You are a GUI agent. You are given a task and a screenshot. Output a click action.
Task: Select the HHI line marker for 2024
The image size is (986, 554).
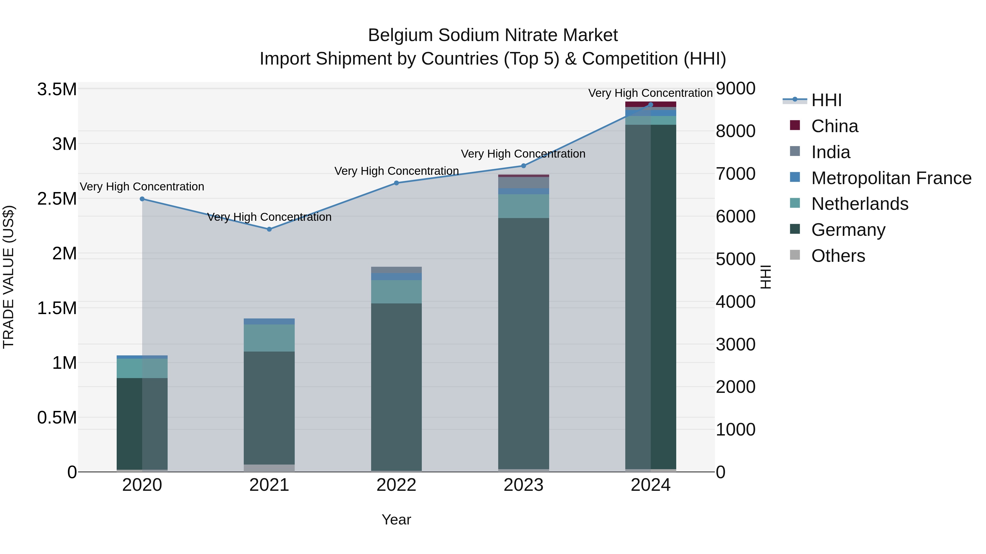pos(650,105)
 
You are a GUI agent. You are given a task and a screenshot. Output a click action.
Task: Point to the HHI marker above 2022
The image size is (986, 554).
pos(396,183)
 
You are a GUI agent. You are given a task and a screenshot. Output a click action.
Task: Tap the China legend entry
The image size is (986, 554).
pos(835,126)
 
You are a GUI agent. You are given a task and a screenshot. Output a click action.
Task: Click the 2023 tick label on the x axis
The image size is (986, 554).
pos(523,485)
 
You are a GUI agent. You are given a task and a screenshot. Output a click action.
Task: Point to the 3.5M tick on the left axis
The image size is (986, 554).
pos(57,89)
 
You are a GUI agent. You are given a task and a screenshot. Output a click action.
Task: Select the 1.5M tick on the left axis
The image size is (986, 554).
pos(57,308)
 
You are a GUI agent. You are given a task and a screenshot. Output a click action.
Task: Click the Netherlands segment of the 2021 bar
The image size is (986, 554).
pos(269,338)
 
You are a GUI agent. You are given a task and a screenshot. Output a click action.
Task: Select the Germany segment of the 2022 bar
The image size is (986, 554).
pos(396,386)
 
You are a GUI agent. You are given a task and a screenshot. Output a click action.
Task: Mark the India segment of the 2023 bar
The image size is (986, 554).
pos(523,183)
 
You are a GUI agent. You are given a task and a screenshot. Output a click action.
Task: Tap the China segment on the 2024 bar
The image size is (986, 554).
pos(650,104)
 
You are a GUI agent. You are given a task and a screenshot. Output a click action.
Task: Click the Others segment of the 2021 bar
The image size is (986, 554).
pos(269,468)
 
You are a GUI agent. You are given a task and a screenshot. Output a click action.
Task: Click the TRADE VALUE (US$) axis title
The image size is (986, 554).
pos(9,277)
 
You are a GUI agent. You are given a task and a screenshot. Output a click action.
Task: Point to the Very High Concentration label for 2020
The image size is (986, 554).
pos(142,187)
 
